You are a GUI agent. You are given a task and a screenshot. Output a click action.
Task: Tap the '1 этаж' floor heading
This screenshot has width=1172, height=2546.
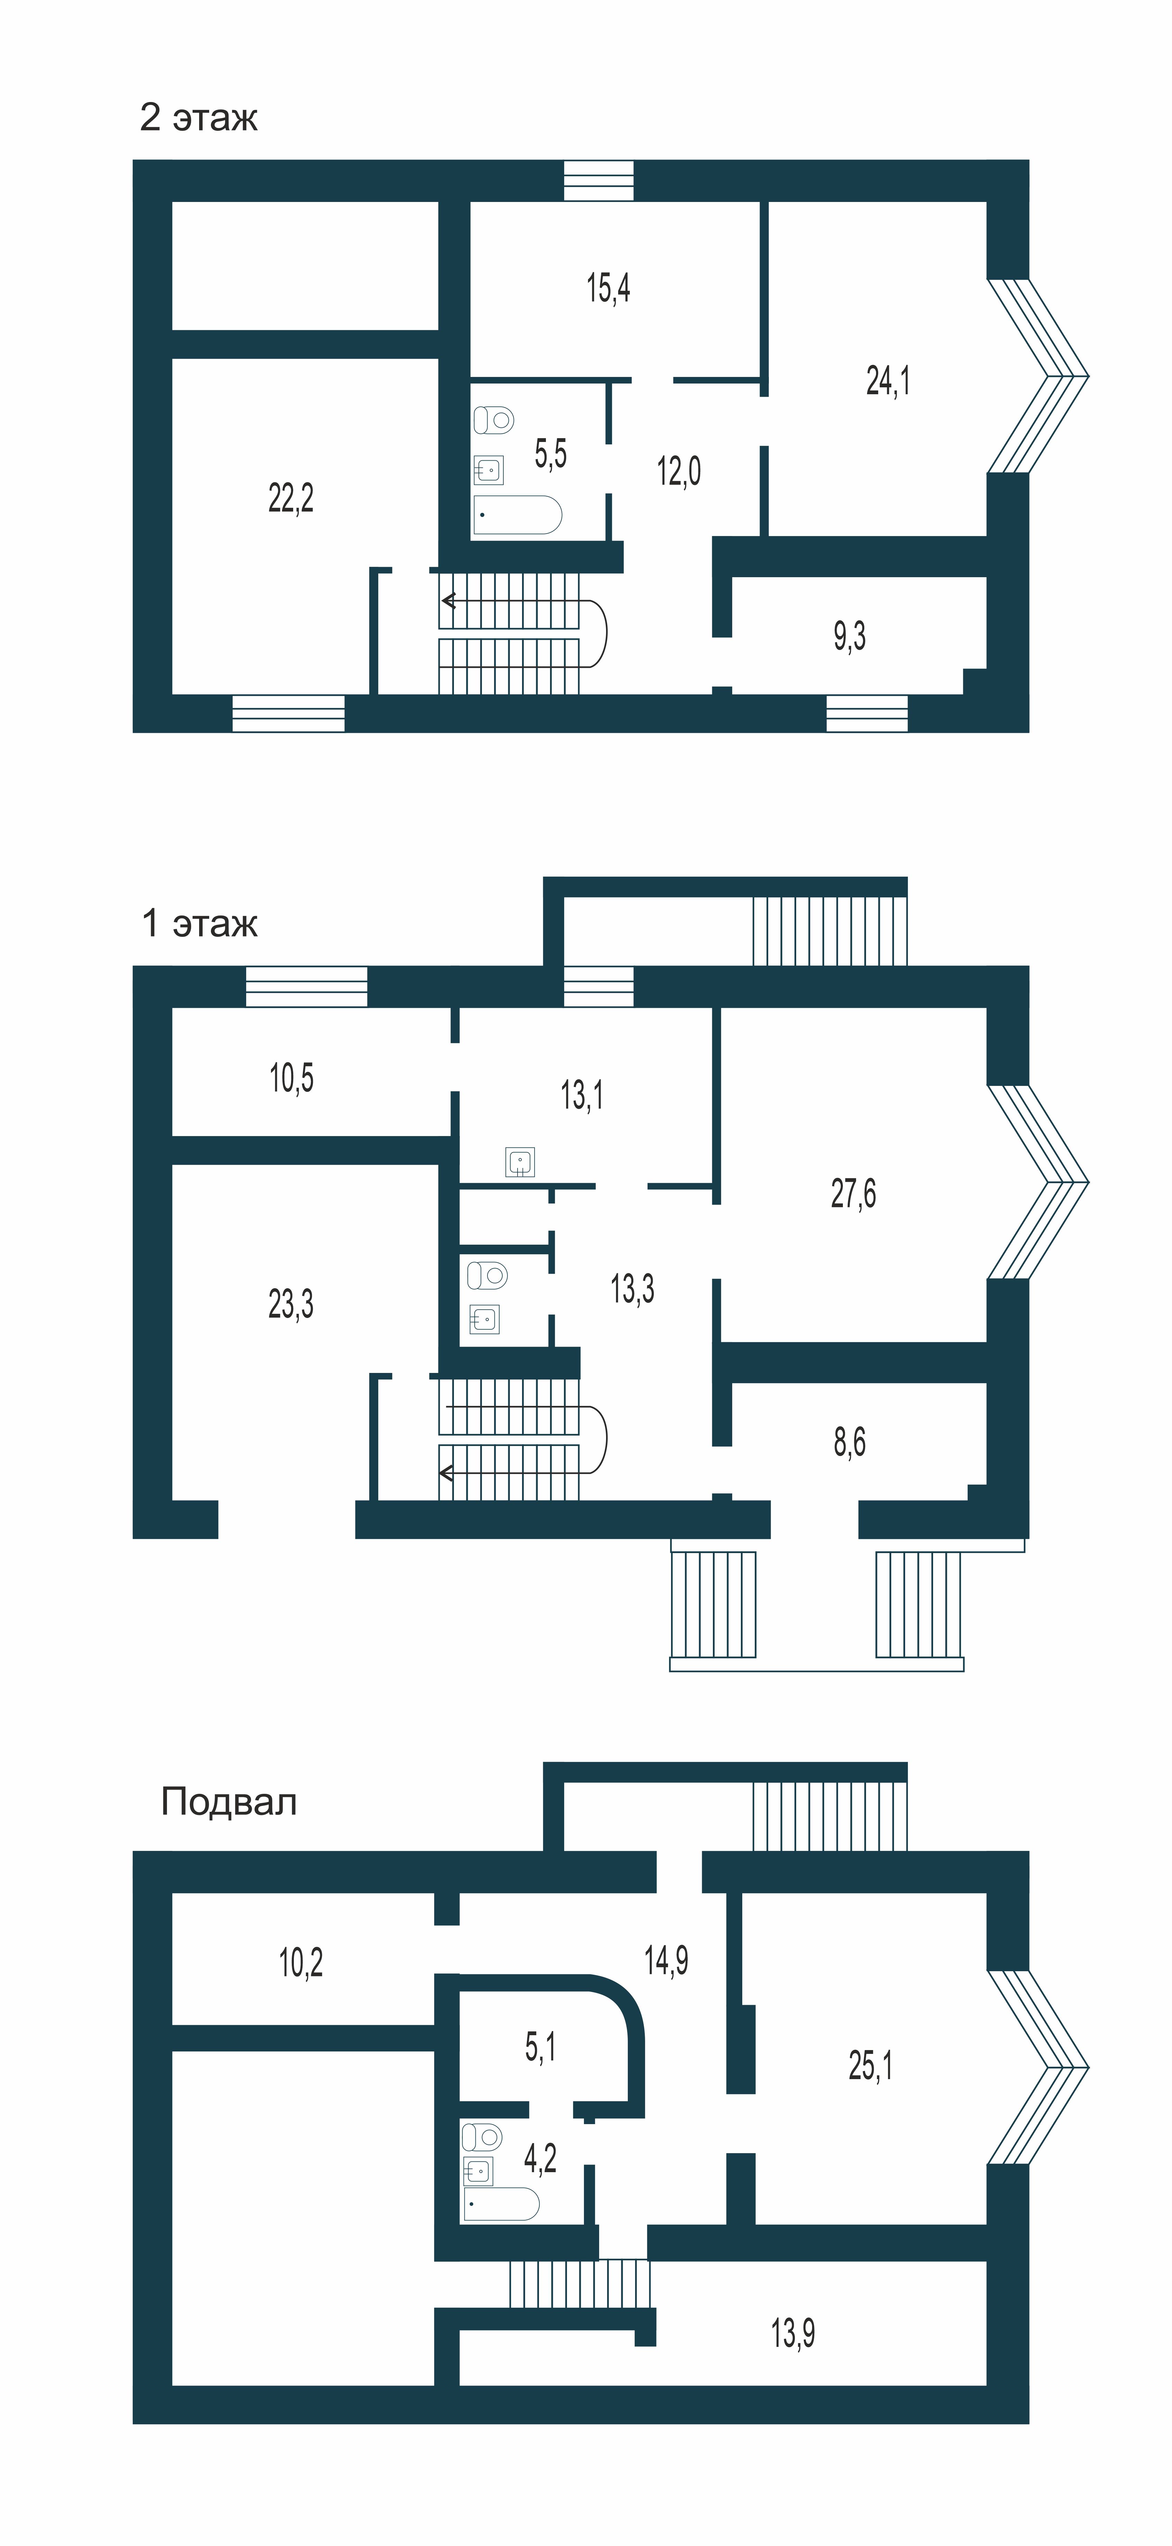tap(199, 923)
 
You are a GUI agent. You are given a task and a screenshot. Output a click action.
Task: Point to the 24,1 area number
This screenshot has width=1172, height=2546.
tap(889, 380)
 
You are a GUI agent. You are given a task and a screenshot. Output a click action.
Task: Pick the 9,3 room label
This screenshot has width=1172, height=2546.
tap(849, 636)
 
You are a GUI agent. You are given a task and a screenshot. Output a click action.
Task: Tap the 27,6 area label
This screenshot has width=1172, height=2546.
tap(853, 1194)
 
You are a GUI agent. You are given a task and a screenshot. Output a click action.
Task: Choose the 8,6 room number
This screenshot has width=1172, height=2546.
tap(849, 1442)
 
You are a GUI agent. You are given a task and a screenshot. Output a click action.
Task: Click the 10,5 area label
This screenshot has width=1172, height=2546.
tap(291, 1077)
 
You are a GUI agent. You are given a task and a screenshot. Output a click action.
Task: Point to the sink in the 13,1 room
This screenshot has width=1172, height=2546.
tap(520, 1161)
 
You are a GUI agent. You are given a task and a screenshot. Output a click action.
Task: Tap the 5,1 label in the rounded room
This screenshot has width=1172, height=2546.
tap(540, 2046)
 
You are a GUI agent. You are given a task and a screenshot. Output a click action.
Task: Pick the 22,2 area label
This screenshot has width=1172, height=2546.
tap(290, 497)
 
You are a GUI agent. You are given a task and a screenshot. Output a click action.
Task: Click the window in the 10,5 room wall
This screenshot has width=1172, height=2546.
tap(306, 986)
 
